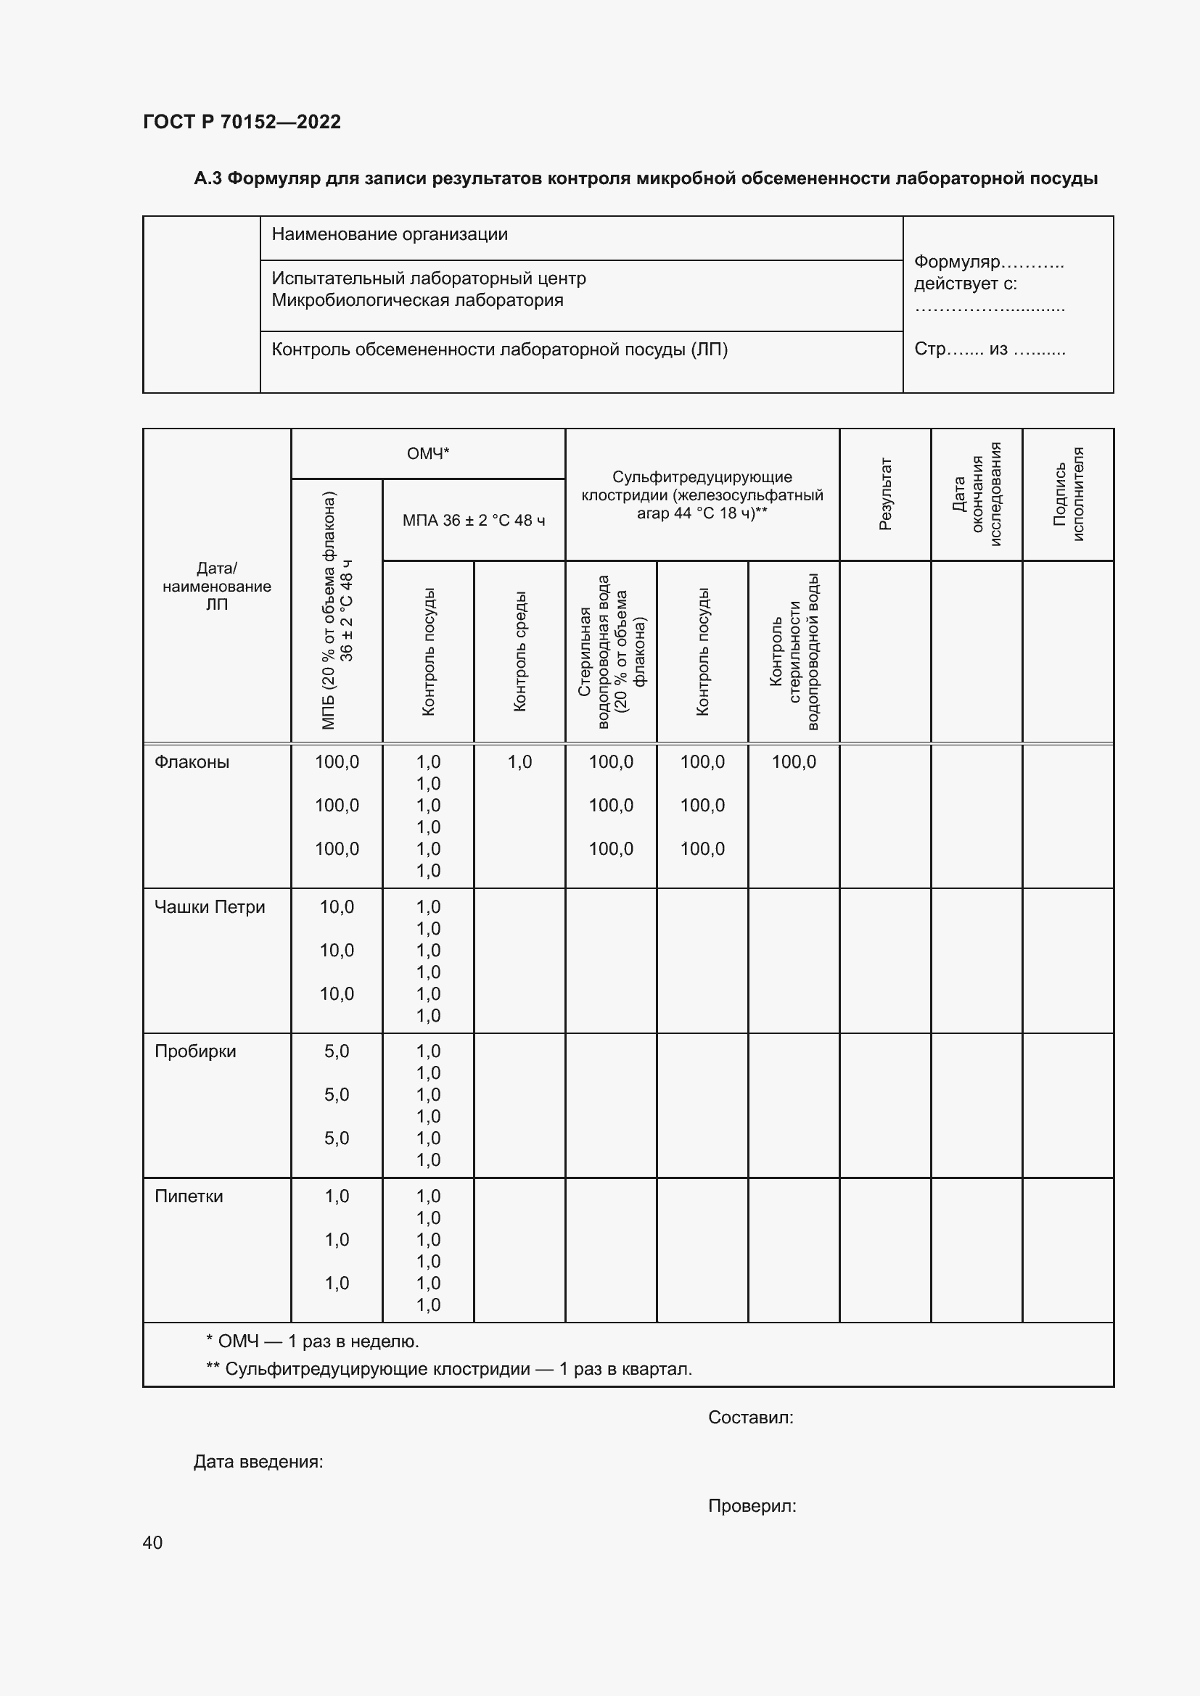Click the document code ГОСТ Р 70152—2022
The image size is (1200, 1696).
[242, 122]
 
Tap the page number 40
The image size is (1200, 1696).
[152, 1542]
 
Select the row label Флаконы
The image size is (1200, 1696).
[192, 761]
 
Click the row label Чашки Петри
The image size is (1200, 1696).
[209, 906]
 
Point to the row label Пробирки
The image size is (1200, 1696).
[195, 1051]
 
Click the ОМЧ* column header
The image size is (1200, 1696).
[428, 453]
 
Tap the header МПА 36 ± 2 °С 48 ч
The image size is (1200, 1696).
[474, 520]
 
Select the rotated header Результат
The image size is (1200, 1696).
[885, 494]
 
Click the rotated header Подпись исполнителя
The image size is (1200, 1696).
[1068, 494]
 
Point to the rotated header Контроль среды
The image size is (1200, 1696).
[519, 650]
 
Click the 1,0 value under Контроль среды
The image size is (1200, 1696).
[519, 761]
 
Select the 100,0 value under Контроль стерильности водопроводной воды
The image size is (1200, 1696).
[794, 761]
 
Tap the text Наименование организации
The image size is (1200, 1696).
[390, 234]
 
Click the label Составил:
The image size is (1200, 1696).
[750, 1417]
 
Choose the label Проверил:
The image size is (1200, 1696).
[752, 1505]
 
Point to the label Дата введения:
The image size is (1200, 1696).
[258, 1461]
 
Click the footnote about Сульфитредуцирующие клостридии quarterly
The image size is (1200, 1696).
[448, 1369]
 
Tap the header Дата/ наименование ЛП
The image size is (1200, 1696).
[216, 586]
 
